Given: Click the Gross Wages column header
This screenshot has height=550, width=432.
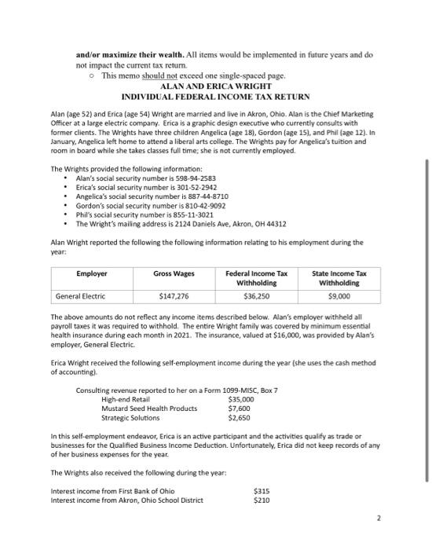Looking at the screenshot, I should point(172,273).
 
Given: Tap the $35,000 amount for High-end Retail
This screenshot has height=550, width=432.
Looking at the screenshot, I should point(242,399).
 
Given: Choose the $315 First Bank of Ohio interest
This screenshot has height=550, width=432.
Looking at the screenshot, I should point(262,492).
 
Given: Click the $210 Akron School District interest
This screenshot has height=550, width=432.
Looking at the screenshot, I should point(262,500).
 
